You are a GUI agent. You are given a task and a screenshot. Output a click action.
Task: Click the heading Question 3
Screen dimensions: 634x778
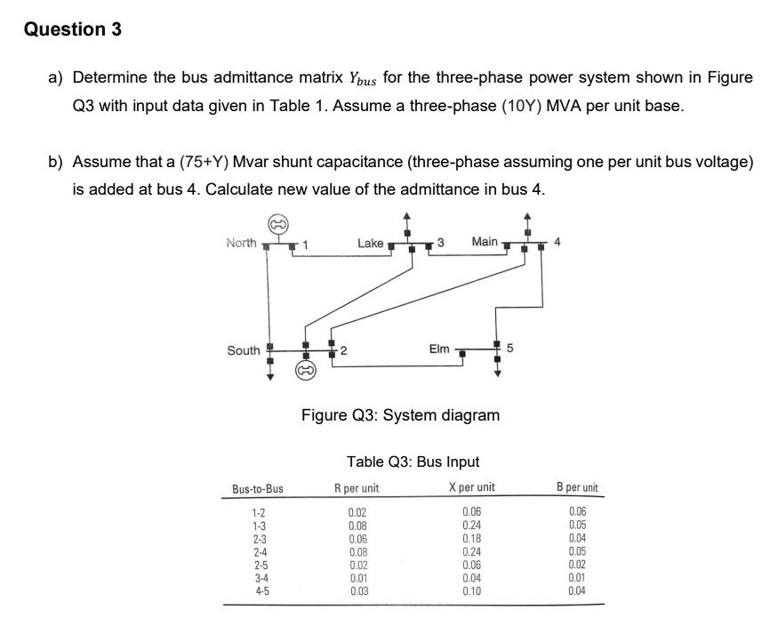click(73, 29)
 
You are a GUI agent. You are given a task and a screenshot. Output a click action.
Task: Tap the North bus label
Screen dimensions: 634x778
click(241, 243)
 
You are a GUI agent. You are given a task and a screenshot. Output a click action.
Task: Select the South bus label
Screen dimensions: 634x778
click(243, 350)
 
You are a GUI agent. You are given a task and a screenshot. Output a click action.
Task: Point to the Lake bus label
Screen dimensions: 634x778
click(370, 243)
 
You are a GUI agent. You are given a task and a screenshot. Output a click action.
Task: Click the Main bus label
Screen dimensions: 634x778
click(485, 242)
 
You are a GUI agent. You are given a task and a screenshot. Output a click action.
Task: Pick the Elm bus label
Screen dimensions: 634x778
click(439, 349)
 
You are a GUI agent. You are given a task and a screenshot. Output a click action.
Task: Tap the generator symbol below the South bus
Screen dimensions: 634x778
click(306, 369)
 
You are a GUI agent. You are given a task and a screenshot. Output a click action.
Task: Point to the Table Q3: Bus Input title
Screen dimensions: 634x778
click(413, 461)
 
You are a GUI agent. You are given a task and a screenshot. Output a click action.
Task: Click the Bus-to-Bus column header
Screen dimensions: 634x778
click(258, 488)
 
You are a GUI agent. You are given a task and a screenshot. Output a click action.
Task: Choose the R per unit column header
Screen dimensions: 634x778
click(357, 487)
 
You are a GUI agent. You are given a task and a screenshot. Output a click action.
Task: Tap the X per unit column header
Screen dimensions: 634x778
click(472, 487)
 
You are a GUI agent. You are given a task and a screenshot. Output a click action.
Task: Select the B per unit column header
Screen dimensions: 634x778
click(577, 487)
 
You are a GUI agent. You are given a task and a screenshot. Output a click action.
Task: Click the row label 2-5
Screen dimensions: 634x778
click(259, 565)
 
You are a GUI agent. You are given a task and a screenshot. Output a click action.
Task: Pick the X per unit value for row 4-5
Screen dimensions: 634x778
click(472, 590)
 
